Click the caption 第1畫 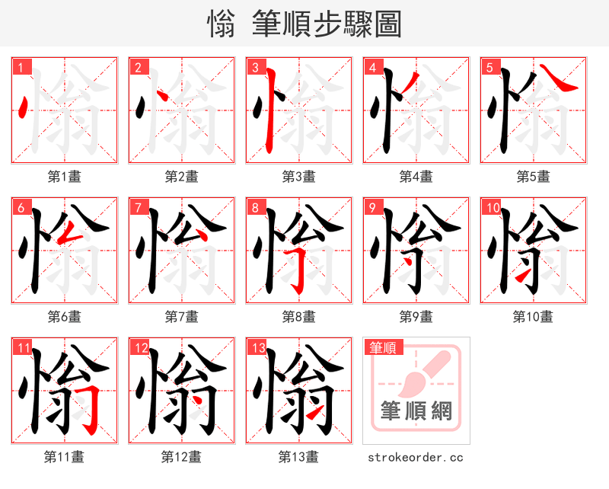65,177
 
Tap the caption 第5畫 533,177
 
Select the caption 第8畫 298,316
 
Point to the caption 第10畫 533,316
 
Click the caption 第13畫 298,457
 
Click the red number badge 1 21,67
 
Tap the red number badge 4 372,67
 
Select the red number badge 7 138,207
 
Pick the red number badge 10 491,207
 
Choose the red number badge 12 139,348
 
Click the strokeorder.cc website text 416,458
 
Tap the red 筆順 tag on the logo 382,348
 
